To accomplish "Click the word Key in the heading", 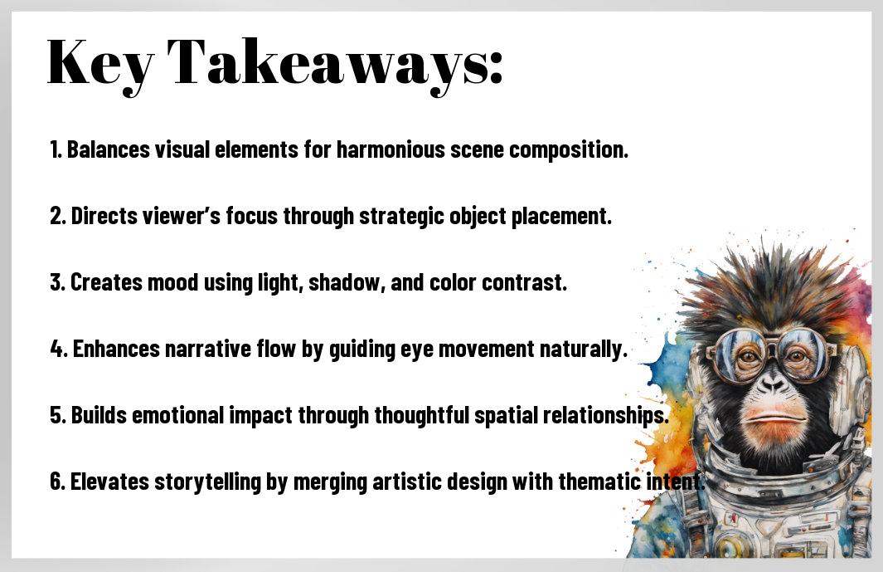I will (x=99, y=63).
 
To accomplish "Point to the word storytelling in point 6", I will (x=215, y=482).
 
